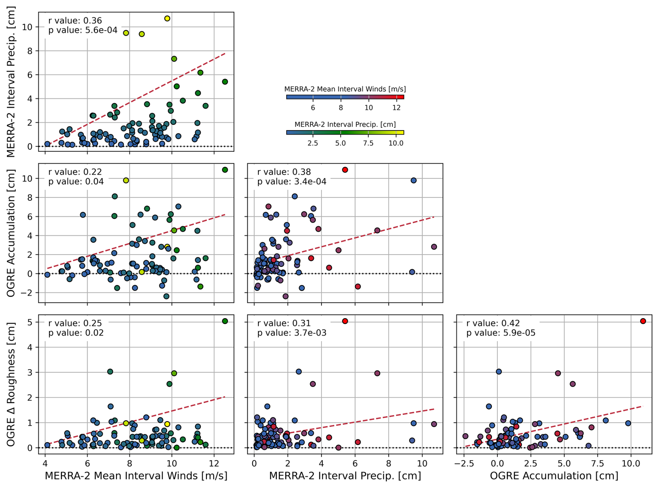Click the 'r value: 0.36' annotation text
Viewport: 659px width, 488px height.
(x=75, y=21)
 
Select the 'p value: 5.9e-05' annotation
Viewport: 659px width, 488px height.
(x=501, y=333)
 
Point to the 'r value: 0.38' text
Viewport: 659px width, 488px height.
(x=284, y=172)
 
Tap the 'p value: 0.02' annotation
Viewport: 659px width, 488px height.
(x=76, y=333)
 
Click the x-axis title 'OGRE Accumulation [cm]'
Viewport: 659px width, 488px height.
(x=554, y=476)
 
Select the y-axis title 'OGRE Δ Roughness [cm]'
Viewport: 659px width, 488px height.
(x=11, y=384)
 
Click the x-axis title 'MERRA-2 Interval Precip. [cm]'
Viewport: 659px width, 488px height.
(x=345, y=476)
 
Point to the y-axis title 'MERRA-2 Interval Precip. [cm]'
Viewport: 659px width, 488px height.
(x=11, y=82)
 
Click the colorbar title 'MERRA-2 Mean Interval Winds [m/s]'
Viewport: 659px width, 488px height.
(x=345, y=89)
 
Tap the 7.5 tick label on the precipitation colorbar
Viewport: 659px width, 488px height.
(x=368, y=143)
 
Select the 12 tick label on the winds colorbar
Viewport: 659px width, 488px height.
(x=396, y=108)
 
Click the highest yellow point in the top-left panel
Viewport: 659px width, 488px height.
(x=167, y=18)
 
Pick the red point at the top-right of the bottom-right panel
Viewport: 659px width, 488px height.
(x=643, y=321)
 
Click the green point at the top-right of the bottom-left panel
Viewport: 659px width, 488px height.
(x=225, y=321)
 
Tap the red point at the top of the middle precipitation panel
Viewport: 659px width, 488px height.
(x=345, y=170)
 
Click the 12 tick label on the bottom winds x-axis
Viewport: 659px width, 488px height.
(x=214, y=464)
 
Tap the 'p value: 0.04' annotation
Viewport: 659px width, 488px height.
(x=76, y=182)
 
